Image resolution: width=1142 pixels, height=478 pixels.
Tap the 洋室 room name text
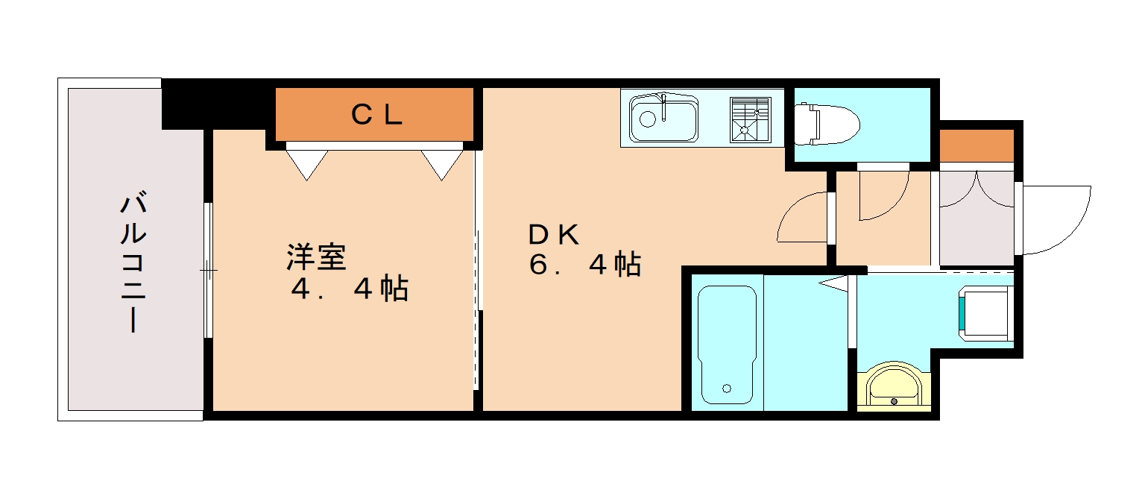(x=316, y=257)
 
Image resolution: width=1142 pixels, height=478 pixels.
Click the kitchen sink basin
(x=663, y=119)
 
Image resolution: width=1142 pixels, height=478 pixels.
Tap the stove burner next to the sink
(x=749, y=119)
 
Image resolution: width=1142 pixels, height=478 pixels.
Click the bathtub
(x=727, y=344)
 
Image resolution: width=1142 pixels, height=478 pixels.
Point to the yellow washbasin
(x=894, y=385)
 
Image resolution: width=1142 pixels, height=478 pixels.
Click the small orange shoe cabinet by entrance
(x=977, y=145)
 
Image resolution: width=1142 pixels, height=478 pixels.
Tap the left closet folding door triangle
(x=307, y=163)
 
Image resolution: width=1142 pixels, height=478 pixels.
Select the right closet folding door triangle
(x=441, y=163)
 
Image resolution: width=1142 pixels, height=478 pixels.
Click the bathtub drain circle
(x=727, y=388)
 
